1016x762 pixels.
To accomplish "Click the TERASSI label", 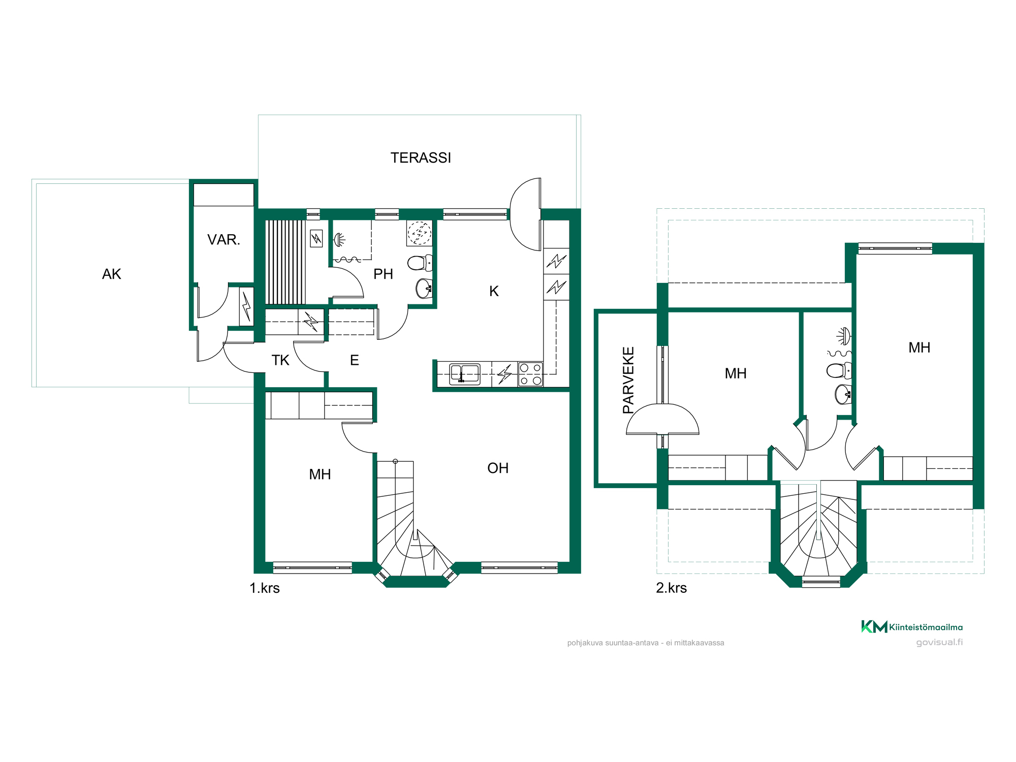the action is coord(421,158).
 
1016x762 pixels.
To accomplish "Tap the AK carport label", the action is coord(112,274).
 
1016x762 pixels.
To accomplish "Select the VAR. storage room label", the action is coord(224,240).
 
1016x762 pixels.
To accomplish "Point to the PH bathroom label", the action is coord(383,274).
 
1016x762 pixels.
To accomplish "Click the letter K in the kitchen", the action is coord(494,291).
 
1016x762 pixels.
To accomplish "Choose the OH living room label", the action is coord(498,468).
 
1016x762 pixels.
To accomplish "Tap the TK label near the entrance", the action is coord(280,360).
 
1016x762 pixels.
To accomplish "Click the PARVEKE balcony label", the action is coord(628,380).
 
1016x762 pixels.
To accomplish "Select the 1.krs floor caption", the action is coord(265,588).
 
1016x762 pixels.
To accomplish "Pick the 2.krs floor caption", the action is coord(671,588).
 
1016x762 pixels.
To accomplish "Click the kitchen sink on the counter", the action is coord(465,374).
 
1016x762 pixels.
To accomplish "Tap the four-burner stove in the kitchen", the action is coord(530,374).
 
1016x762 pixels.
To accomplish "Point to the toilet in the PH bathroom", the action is coord(420,263).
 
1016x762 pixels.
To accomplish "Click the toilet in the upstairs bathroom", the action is coord(839,371).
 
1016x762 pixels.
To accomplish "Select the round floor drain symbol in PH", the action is coord(419,233).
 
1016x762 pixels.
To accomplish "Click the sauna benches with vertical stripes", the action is coord(285,262).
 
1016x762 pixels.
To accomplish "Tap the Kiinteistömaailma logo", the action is coord(912,627).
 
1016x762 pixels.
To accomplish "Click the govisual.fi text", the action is coord(939,642).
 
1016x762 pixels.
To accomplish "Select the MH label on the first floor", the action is coord(320,474).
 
